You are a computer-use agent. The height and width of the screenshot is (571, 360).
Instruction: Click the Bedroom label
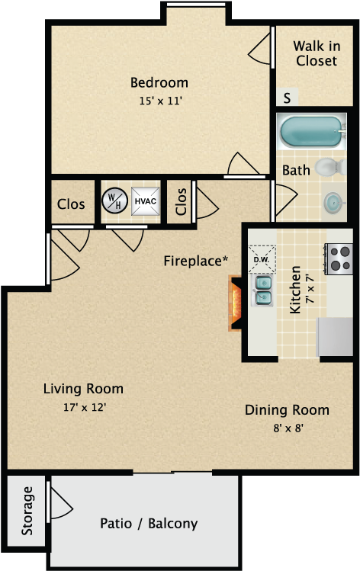point(159,82)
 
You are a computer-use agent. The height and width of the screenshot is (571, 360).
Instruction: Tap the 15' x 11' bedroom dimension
point(159,99)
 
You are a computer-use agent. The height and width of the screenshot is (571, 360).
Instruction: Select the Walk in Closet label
point(316,53)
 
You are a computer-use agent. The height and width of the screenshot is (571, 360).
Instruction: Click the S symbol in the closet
point(287,98)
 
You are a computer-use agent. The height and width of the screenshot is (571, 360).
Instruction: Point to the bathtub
point(309,132)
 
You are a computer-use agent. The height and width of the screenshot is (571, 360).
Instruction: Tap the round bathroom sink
point(333,201)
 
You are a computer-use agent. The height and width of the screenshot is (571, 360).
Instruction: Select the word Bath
point(296,170)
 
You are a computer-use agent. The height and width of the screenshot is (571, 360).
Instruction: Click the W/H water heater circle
point(114,200)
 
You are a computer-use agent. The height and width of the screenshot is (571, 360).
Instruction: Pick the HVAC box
point(145,200)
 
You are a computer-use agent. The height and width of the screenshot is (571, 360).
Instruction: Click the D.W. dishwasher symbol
point(261,258)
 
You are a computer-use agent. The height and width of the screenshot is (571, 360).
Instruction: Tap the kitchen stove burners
point(338,258)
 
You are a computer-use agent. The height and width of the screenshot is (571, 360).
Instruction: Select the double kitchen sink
point(264,291)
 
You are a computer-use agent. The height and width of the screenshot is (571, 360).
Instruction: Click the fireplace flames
point(235,302)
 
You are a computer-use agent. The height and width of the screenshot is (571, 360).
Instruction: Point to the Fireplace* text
point(196,261)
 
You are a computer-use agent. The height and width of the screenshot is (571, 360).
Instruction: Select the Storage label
point(28,509)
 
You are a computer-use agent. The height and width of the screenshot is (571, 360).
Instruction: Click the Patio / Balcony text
point(149,524)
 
